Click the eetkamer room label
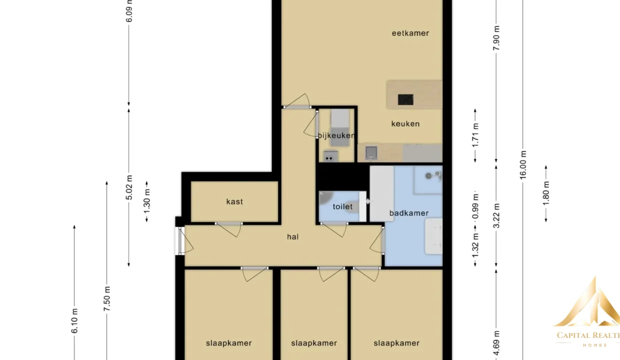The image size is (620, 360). (x=410, y=33)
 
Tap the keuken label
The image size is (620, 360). (x=405, y=123)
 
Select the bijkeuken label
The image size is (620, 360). (x=336, y=135)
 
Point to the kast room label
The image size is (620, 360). (x=234, y=201)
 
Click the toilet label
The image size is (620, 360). (x=342, y=206)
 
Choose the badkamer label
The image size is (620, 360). (x=409, y=213)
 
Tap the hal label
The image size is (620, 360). (x=292, y=236)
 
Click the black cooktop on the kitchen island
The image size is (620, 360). (x=405, y=99)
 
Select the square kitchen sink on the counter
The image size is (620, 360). (x=371, y=152)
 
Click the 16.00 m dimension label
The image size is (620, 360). (x=523, y=165)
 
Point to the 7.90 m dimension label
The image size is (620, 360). (x=496, y=38)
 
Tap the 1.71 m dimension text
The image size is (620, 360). (x=475, y=135)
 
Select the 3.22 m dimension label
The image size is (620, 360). (x=496, y=216)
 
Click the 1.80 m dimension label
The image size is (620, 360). (x=546, y=193)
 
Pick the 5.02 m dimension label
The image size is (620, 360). (x=129, y=187)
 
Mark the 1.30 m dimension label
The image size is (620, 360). (x=146, y=201)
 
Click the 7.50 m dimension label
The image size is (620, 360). (x=107, y=298)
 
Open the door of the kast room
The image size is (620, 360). (x=229, y=229)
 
